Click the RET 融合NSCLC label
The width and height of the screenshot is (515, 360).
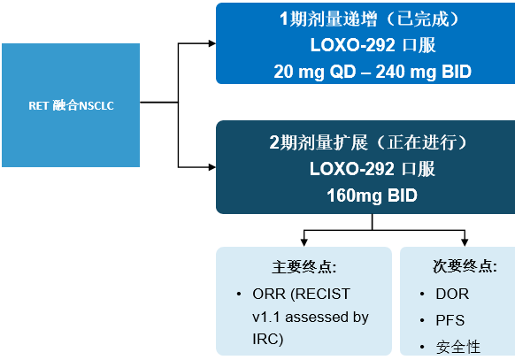(x=71, y=105)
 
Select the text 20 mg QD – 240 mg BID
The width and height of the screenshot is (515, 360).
(x=373, y=72)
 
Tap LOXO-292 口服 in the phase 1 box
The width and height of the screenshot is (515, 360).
(x=373, y=45)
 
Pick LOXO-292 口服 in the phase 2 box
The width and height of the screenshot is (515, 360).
(x=373, y=169)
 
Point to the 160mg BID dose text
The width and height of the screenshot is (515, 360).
(x=372, y=195)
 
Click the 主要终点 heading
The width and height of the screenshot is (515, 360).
(x=304, y=266)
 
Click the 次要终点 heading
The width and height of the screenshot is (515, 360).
(x=465, y=266)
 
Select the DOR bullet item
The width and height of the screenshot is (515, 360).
(x=452, y=294)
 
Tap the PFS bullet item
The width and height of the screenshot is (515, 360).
(x=450, y=320)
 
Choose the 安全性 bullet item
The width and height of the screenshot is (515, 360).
(x=457, y=348)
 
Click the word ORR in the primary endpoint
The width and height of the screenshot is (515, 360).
(x=269, y=294)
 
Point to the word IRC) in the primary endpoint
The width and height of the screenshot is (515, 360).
(x=268, y=340)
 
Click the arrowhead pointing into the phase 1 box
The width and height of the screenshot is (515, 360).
(x=212, y=43)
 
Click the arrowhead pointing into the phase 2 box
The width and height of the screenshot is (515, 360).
(x=212, y=167)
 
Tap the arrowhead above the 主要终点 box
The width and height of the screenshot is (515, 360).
(x=304, y=242)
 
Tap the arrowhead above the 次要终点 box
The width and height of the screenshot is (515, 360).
(x=465, y=242)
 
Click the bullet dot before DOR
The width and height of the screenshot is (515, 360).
(x=422, y=294)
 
